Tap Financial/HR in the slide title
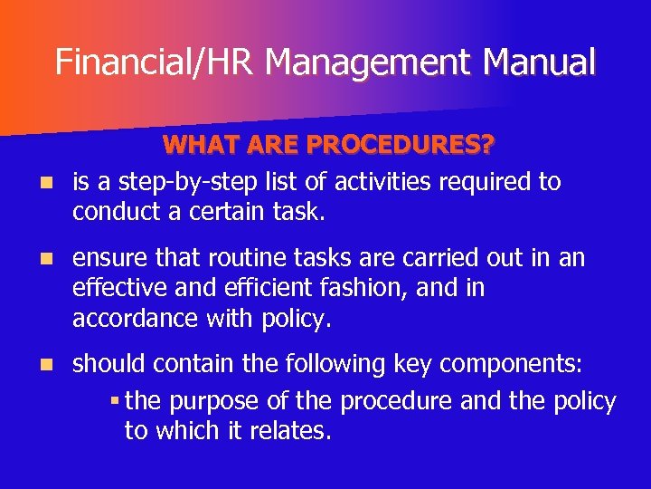(x=156, y=62)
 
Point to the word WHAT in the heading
(x=203, y=146)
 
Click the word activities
(x=383, y=183)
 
